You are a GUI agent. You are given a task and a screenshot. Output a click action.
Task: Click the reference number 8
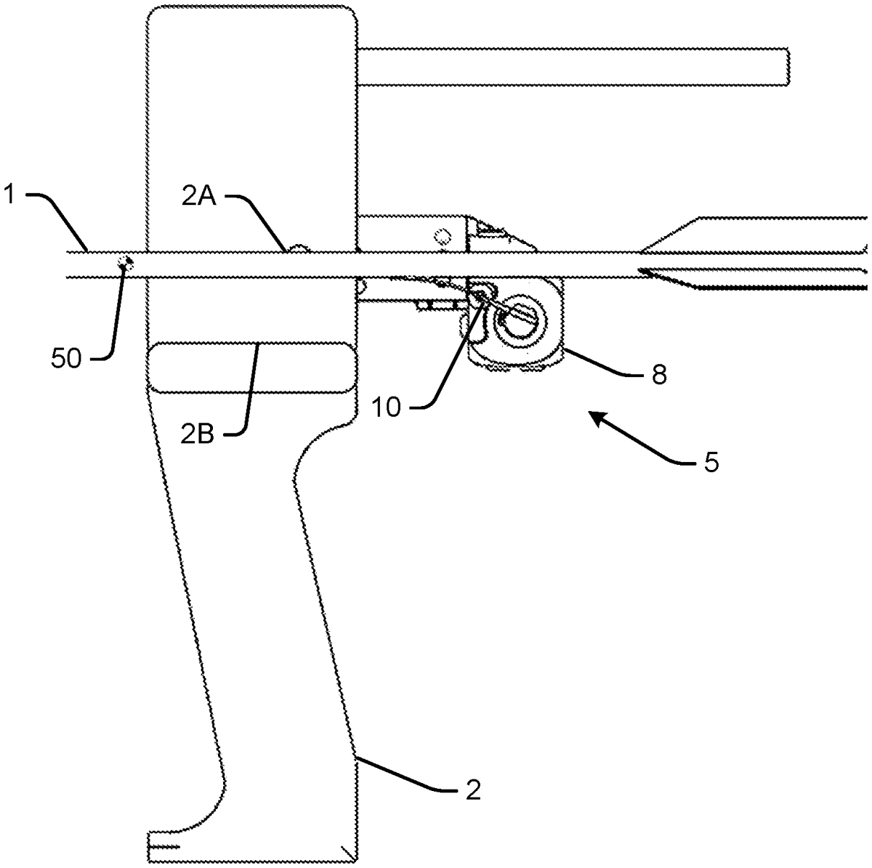pyautogui.click(x=658, y=376)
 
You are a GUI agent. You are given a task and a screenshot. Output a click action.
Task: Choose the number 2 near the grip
pyautogui.click(x=472, y=790)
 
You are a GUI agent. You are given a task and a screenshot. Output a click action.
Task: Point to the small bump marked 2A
pyautogui.click(x=299, y=249)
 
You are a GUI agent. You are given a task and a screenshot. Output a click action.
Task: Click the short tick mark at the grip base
pyautogui.click(x=163, y=846)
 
